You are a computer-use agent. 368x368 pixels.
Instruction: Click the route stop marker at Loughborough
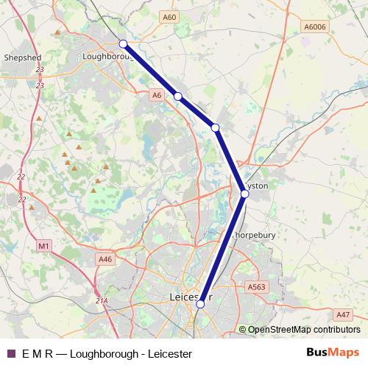click(123, 43)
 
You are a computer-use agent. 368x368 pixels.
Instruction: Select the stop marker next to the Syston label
click(244, 194)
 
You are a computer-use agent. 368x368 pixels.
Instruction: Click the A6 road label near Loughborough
click(155, 95)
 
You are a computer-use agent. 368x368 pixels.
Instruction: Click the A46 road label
click(105, 259)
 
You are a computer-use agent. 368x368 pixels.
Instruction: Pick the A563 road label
click(256, 287)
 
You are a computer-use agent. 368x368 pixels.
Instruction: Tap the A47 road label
click(343, 314)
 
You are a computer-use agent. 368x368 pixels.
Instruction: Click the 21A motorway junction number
click(102, 300)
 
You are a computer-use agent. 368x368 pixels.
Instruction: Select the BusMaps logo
click(333, 353)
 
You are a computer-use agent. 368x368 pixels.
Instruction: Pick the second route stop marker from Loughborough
click(177, 96)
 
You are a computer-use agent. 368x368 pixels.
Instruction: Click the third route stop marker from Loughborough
click(215, 128)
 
